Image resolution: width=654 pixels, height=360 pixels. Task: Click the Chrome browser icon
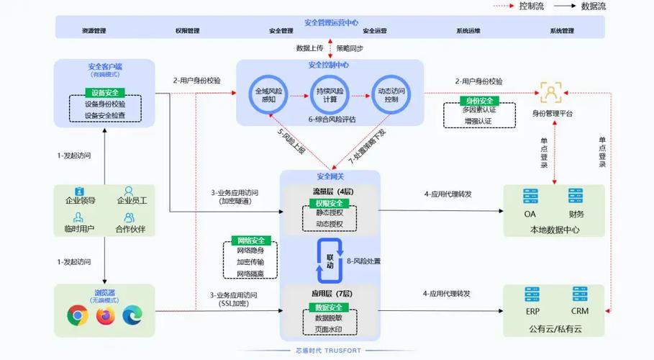(78, 315)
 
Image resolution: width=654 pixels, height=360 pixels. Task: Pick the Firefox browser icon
(106, 315)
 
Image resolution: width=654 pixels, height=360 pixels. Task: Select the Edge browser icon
(133, 315)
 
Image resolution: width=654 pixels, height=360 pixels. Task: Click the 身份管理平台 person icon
(551, 92)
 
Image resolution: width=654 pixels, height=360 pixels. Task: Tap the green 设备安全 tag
(105, 93)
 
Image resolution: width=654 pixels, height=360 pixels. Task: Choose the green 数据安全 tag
(329, 307)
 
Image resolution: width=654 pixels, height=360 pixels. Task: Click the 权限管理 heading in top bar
(187, 31)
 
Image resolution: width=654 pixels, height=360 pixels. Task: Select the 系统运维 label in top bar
(468, 31)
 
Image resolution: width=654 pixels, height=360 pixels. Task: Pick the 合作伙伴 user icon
(130, 217)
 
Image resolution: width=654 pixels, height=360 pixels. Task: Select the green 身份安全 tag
(477, 101)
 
